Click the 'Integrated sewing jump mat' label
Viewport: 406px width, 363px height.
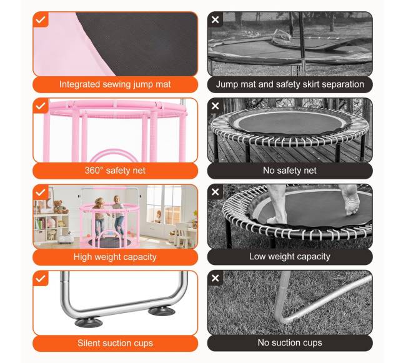[115, 84]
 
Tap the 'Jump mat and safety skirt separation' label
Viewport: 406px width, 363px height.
[290, 84]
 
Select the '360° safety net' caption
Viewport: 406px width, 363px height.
[115, 171]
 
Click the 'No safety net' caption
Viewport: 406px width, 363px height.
[290, 171]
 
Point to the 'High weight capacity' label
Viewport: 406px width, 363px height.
[115, 257]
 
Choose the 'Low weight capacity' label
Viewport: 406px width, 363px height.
[290, 257]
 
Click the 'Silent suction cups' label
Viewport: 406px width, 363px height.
[115, 343]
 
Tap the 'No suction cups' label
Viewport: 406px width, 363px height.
[290, 343]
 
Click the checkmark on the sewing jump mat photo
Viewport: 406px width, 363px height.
[41, 19]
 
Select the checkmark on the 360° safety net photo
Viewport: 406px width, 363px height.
[41, 106]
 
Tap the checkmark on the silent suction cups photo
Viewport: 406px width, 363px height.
[41, 279]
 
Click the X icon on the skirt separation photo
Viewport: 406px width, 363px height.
[215, 19]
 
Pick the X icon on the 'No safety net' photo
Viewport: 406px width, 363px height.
[215, 106]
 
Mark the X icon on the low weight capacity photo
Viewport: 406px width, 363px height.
[215, 192]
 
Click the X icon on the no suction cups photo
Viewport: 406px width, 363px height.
[215, 278]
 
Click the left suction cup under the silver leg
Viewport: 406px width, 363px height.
[89, 322]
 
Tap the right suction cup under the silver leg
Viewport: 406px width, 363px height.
[162, 311]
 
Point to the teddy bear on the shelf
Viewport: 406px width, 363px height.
[60, 207]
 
